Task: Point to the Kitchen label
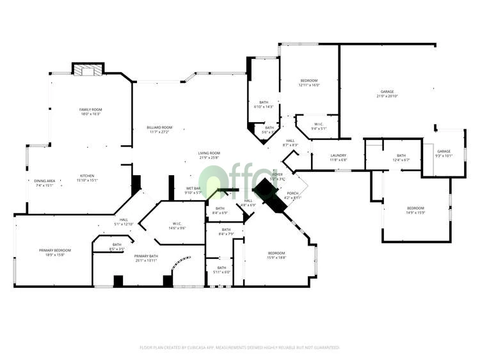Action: [87, 178]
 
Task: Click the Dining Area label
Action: [45, 182]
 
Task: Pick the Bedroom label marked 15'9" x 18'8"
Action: [276, 255]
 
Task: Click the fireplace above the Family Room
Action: [86, 70]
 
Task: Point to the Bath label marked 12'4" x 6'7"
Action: [401, 157]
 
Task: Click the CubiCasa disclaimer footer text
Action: [239, 348]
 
